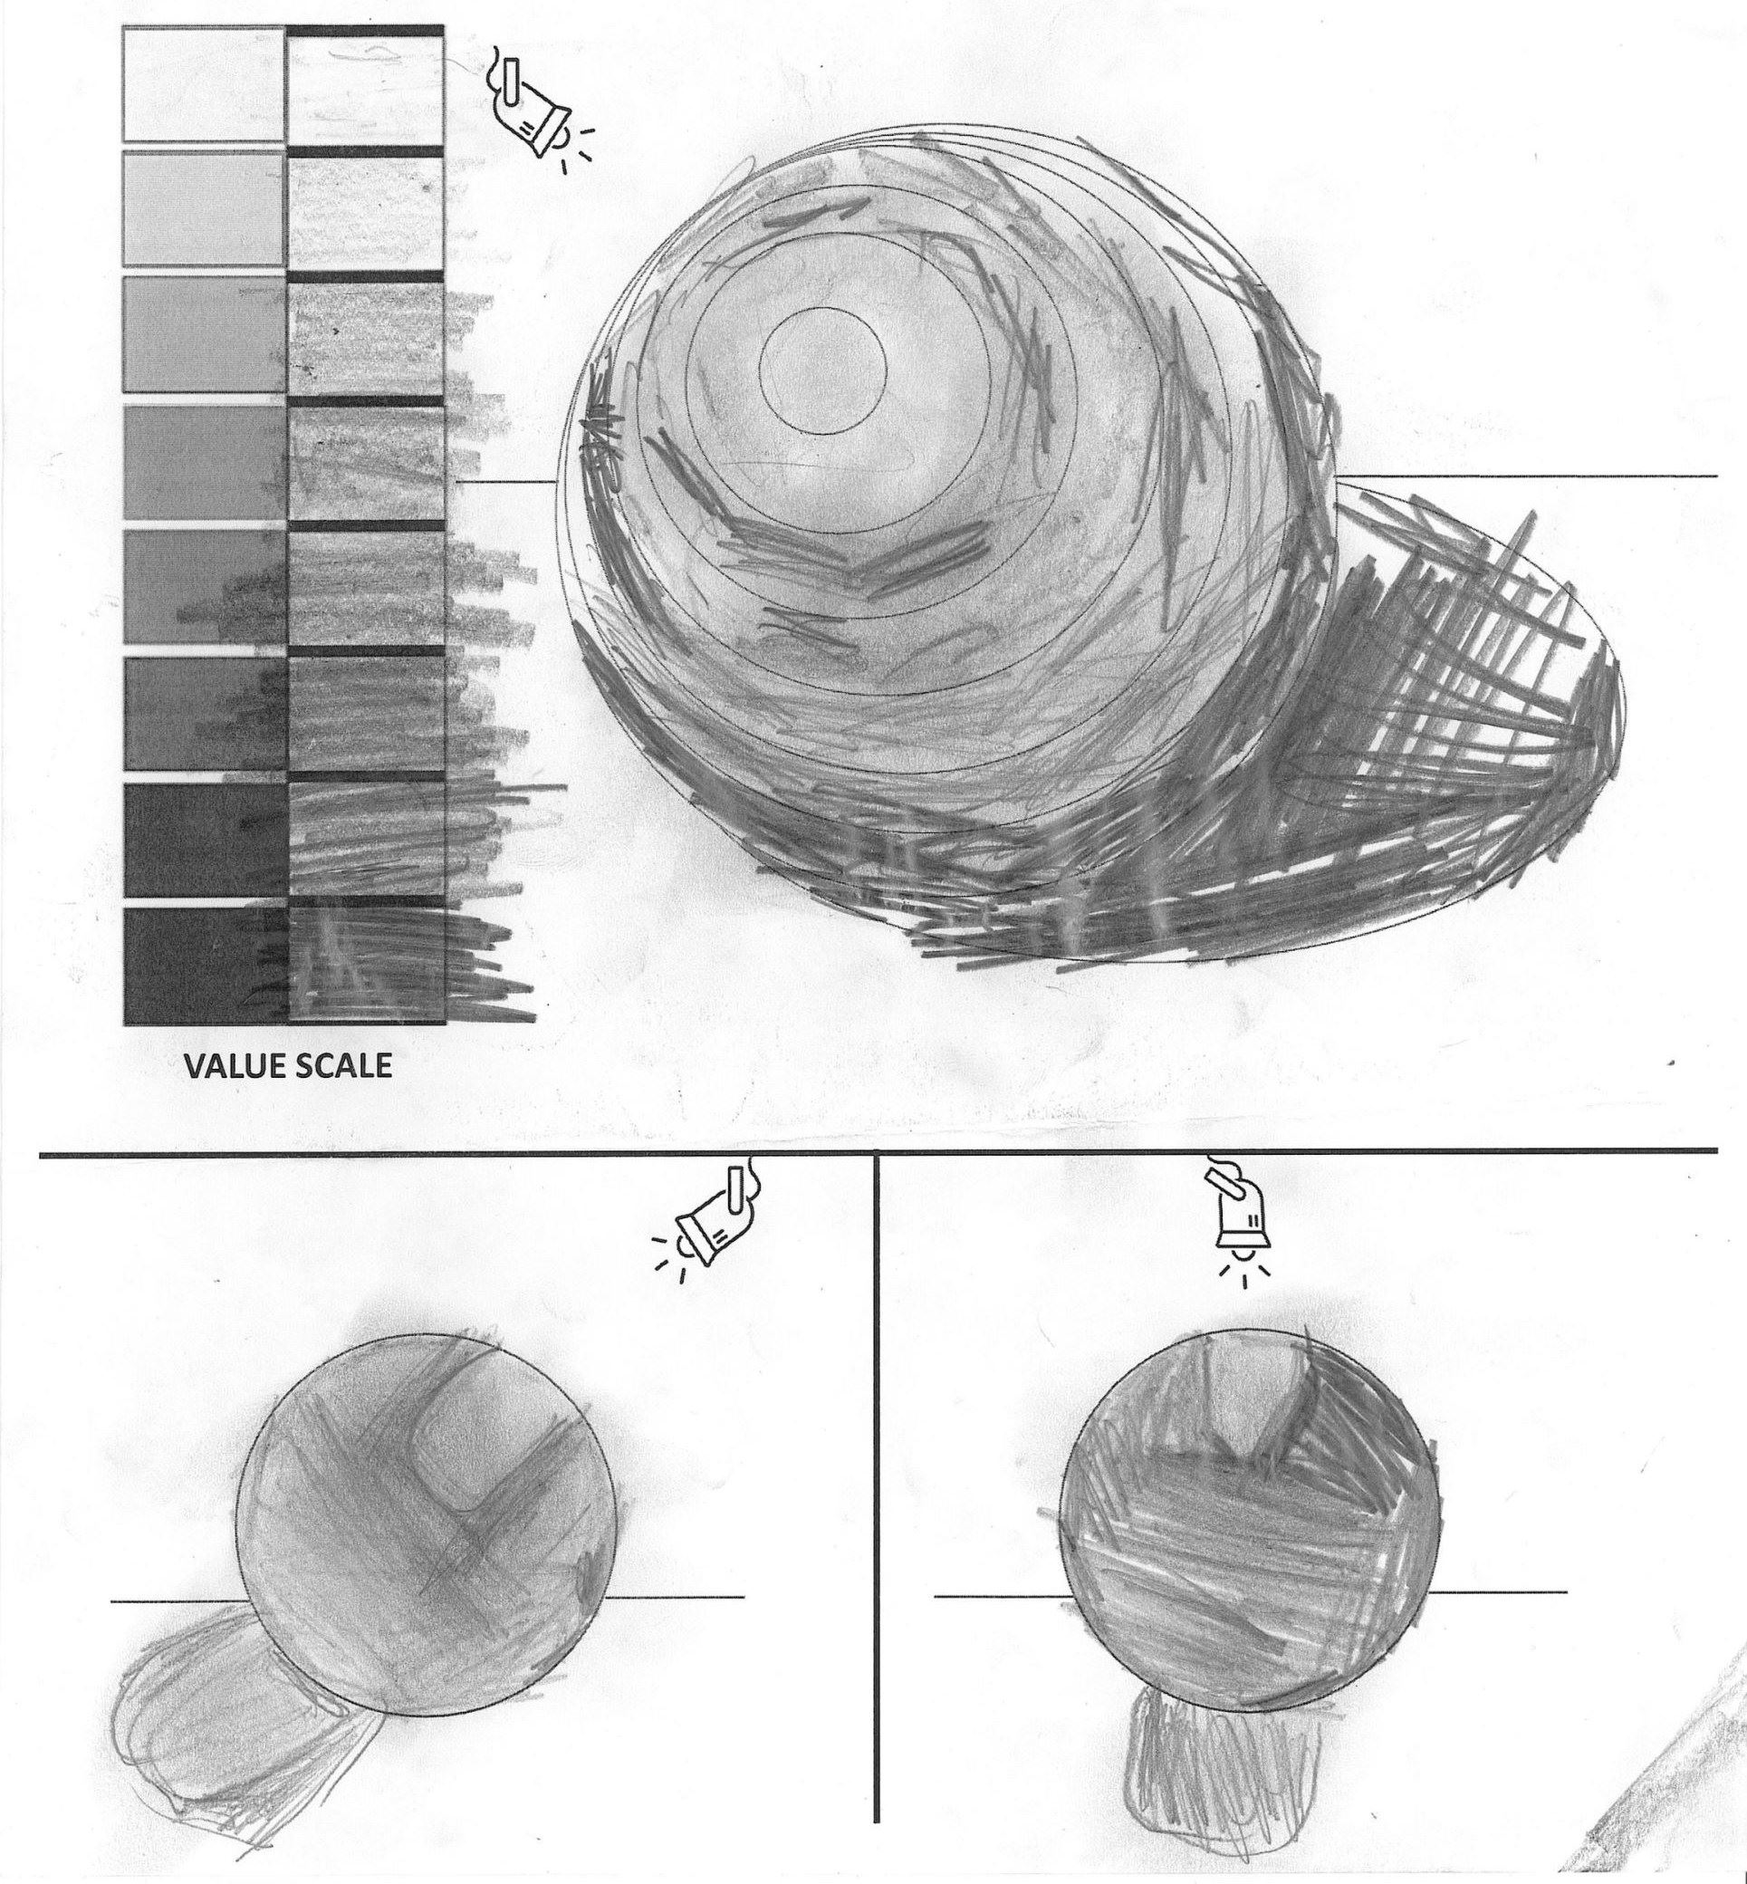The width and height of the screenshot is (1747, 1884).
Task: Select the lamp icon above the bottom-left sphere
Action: point(707,1216)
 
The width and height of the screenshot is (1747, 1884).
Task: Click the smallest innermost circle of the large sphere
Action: point(821,370)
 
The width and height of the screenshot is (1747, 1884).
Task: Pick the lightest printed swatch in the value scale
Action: point(203,85)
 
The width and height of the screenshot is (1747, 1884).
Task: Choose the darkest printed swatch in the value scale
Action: point(204,966)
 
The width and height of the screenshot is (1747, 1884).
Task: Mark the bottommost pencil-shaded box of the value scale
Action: point(365,966)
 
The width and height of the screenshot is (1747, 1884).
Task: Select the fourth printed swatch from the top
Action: point(204,463)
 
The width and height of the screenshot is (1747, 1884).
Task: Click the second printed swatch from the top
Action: point(203,208)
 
